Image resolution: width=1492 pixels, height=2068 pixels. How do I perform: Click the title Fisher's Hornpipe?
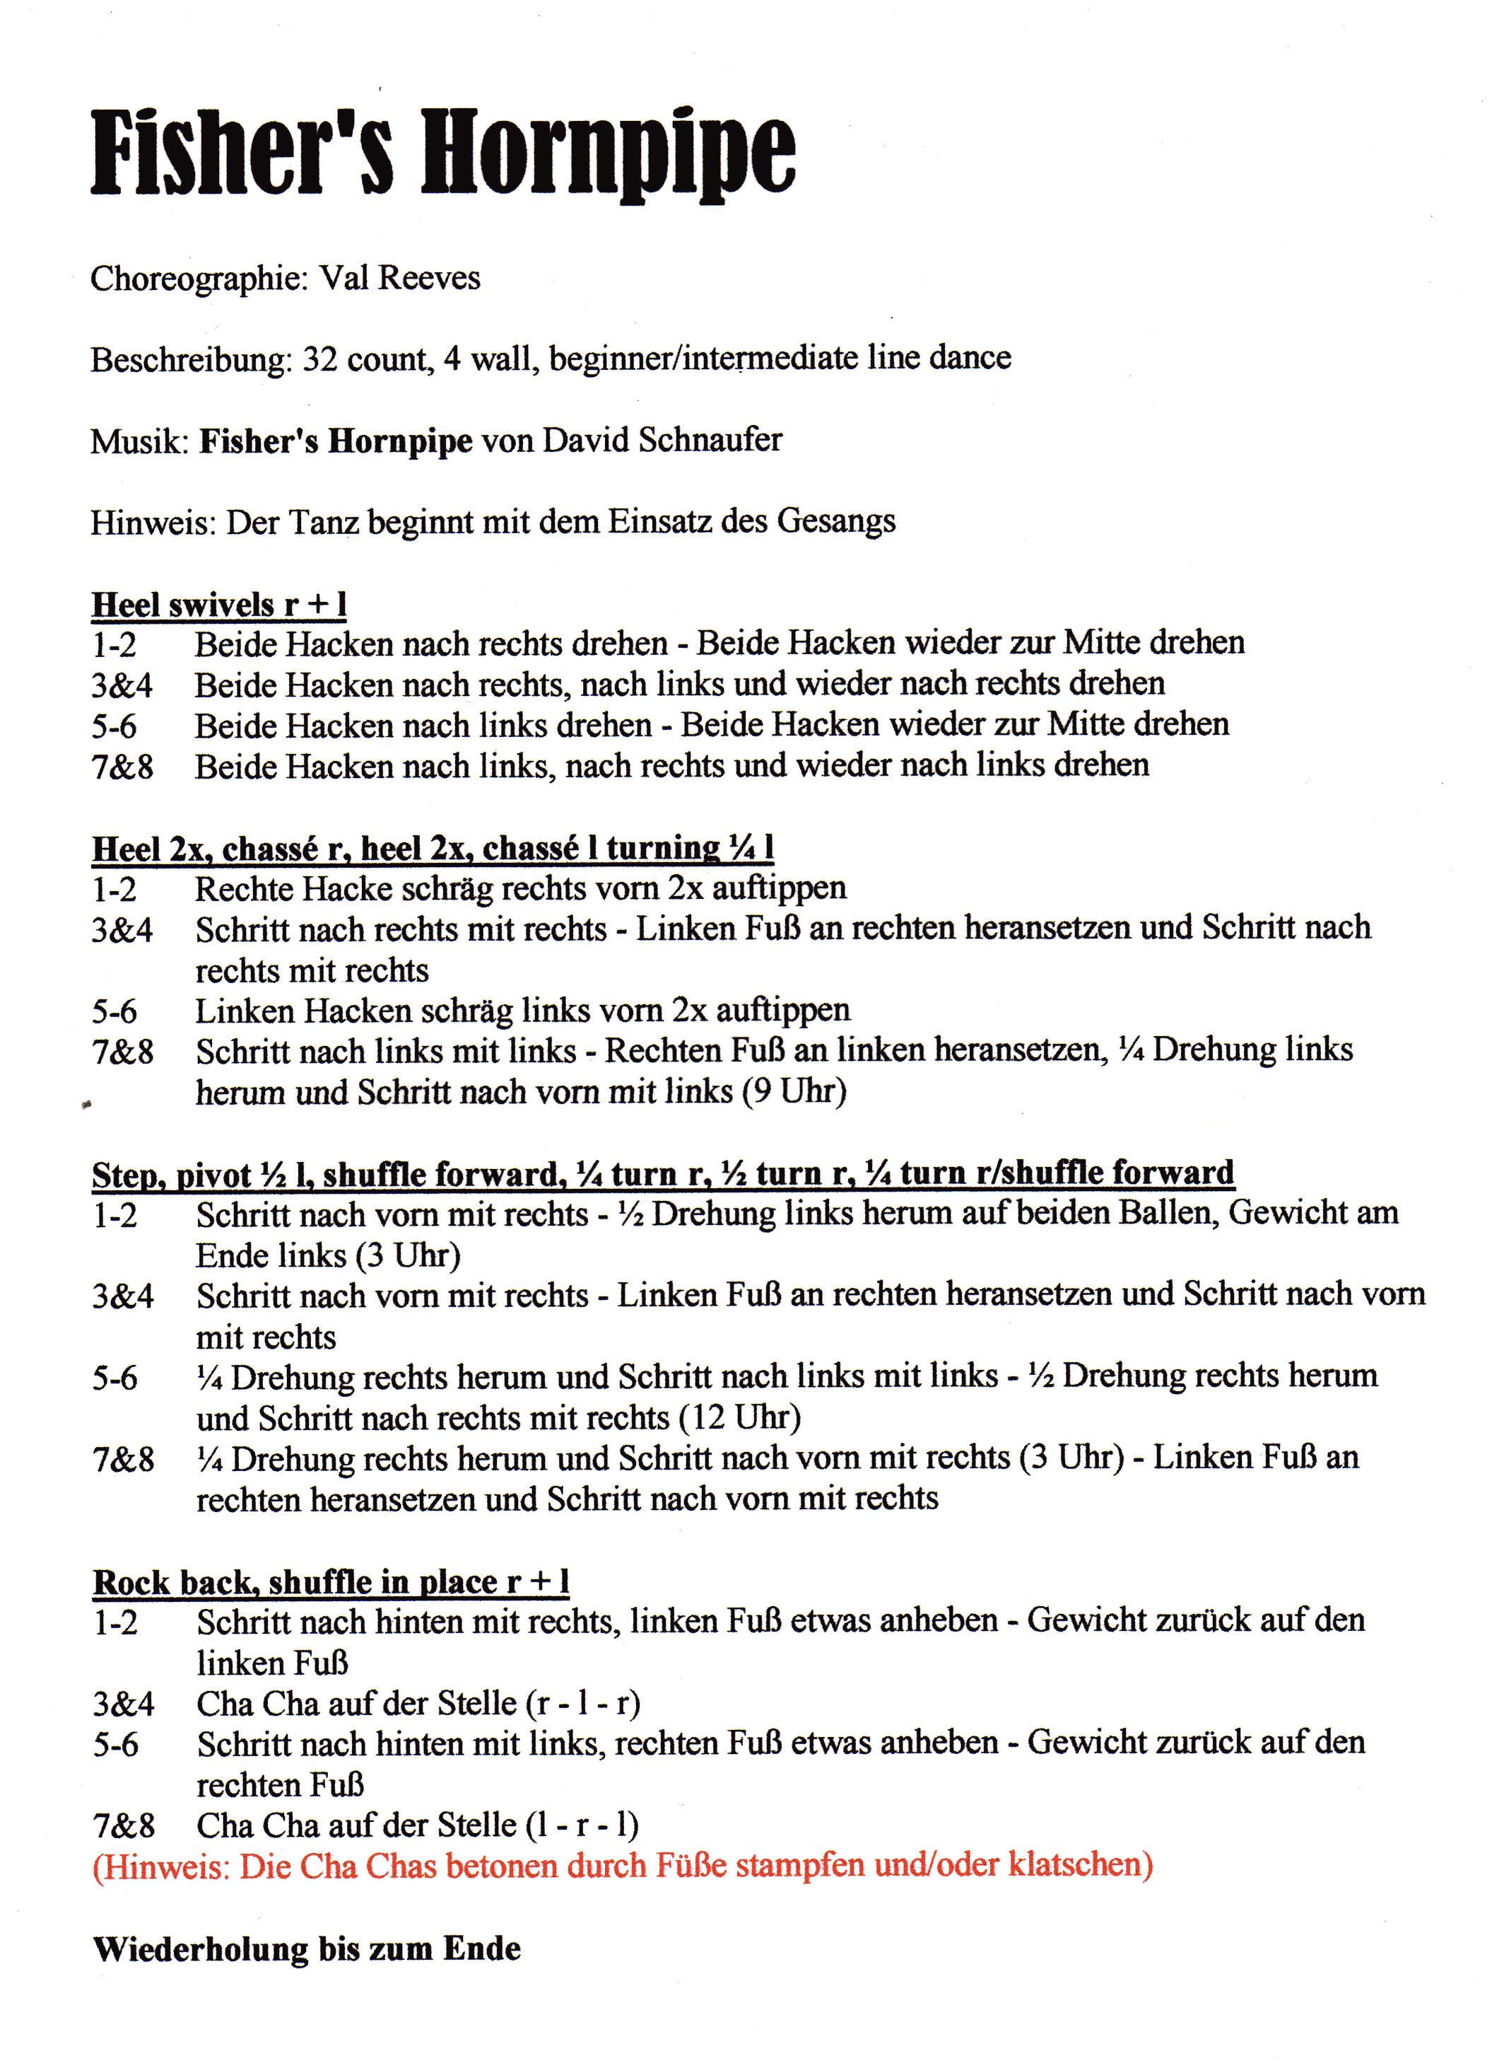coord(443,152)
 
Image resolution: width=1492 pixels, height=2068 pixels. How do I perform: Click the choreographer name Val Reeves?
coord(399,277)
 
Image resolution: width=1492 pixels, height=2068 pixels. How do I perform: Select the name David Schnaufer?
coord(663,441)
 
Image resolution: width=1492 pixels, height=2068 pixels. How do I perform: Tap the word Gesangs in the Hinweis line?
coord(836,521)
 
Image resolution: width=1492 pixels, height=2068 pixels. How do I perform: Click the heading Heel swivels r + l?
coord(218,605)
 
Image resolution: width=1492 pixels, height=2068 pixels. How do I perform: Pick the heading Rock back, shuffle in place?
coord(331,1582)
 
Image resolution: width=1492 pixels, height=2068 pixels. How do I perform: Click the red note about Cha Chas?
coord(623,1866)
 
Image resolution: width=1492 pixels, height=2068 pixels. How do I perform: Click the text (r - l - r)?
coord(582,1703)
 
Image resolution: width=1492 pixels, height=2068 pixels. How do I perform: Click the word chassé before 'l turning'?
coord(531,849)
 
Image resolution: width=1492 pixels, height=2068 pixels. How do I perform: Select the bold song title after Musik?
coord(336,441)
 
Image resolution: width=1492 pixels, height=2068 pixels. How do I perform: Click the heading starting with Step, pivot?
coord(663,1173)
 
